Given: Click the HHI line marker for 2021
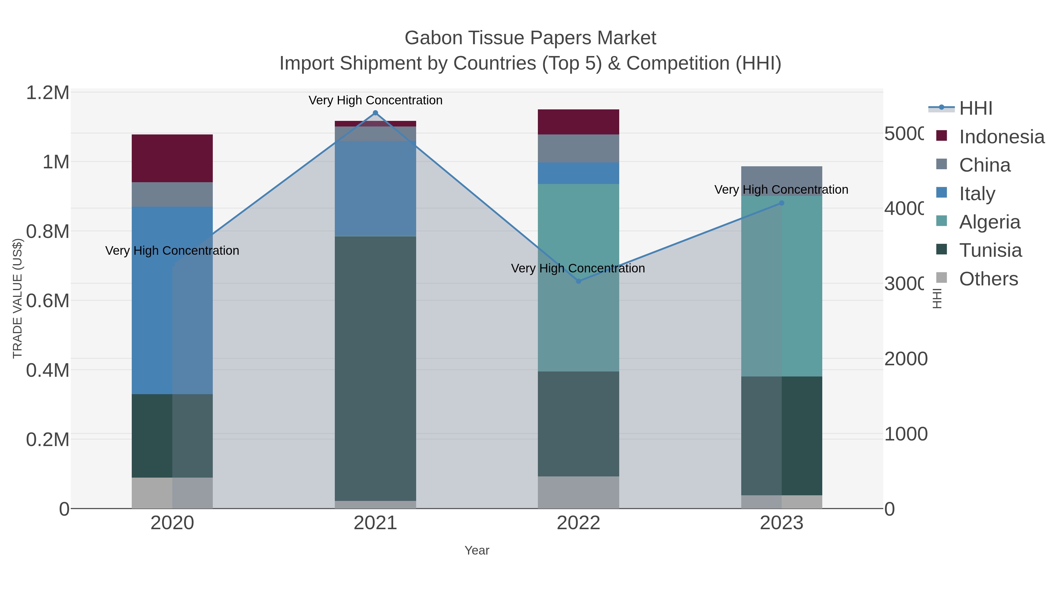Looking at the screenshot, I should (375, 113).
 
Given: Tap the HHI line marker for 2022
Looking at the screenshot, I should (578, 281).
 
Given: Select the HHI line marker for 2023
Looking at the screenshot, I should (781, 203).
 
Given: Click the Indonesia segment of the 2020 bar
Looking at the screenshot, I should (172, 158).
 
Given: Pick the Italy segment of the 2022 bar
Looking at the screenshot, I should (578, 173).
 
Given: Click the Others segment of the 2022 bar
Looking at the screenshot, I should (578, 492).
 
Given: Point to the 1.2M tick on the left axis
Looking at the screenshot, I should (48, 93).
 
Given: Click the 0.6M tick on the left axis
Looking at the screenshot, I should (48, 301).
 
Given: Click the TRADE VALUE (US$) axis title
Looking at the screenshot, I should (17, 298).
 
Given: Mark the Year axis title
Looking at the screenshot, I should (477, 550).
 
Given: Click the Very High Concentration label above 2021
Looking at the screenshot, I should (375, 101).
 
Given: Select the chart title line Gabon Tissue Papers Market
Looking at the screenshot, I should (530, 38).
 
